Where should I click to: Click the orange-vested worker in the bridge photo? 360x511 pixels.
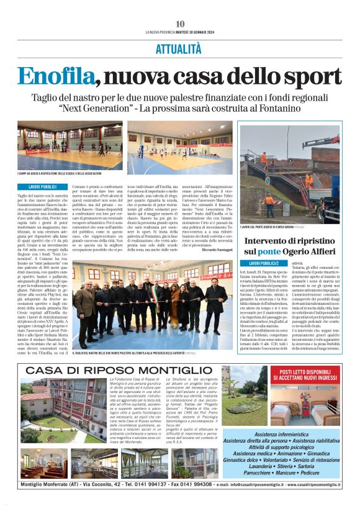(269, 203)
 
